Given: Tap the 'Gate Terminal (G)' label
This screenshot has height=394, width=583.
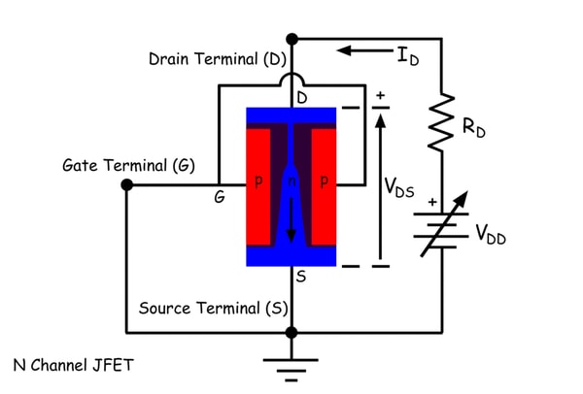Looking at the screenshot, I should coord(127,165).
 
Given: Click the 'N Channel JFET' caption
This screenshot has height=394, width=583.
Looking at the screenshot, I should coord(73,366).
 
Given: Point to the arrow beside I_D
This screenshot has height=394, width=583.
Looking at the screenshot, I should coord(364,49).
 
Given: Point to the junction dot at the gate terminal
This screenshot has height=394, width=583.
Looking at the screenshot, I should coord(127,183).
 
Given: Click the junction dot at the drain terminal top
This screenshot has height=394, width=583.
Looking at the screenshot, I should coord(291,39).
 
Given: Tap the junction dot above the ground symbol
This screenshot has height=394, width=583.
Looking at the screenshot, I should coord(291,332).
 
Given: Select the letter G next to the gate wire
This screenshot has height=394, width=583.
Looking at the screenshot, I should coord(221,197).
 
